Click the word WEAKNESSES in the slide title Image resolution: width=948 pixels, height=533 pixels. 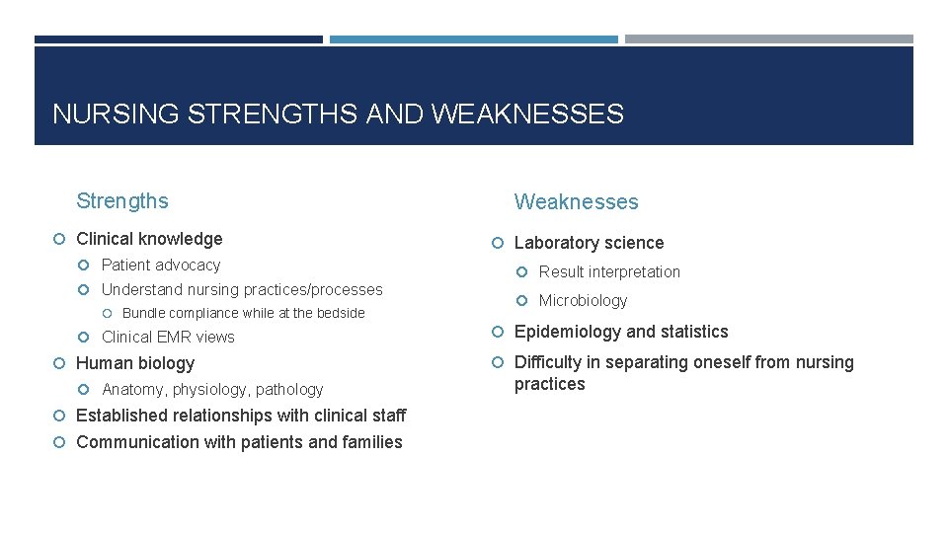[527, 114]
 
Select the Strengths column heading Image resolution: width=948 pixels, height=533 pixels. [122, 201]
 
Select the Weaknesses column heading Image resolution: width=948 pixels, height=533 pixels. [576, 202]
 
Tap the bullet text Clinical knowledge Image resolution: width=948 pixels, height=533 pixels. [149, 239]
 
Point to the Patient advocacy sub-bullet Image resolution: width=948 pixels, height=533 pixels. [161, 265]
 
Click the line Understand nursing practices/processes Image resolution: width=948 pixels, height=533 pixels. [242, 290]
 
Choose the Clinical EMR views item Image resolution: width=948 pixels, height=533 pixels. [168, 337]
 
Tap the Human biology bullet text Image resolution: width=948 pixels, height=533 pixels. [135, 363]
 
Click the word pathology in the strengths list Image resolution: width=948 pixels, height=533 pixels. [288, 390]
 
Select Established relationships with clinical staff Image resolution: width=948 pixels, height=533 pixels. [240, 416]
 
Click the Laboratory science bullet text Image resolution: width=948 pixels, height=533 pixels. [589, 243]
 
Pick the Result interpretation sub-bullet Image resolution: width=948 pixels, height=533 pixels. [609, 272]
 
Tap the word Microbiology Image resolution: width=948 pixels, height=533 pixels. [583, 301]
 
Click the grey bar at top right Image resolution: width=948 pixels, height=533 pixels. [768, 39]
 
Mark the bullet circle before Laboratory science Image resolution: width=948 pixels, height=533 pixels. [500, 243]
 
